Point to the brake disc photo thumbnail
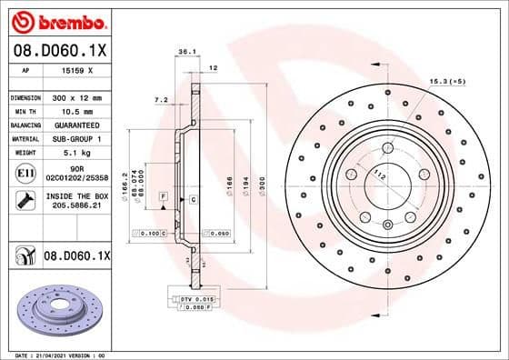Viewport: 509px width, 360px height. tap(57, 309)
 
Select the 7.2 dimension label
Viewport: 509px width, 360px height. tap(161, 99)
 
